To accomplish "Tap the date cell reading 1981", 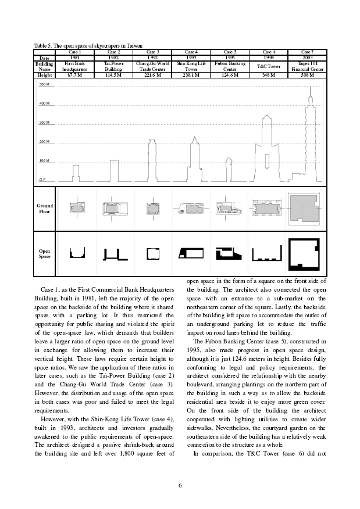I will coord(74,58).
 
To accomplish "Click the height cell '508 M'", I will coord(309,75).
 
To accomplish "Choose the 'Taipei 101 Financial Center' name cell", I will coord(309,66).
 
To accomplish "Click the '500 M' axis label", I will coord(44,85).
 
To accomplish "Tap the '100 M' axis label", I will coord(44,160).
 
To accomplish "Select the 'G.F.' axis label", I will coord(42,180).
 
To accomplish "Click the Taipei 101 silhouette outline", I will coord(310,134).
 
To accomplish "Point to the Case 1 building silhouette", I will coord(75,173).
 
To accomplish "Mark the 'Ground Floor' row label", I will coord(45,209).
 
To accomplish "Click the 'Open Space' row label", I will coord(45,254).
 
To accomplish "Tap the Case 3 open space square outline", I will coord(153,253).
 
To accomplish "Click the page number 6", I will coord(180,486).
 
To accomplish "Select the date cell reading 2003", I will coord(309,58).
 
